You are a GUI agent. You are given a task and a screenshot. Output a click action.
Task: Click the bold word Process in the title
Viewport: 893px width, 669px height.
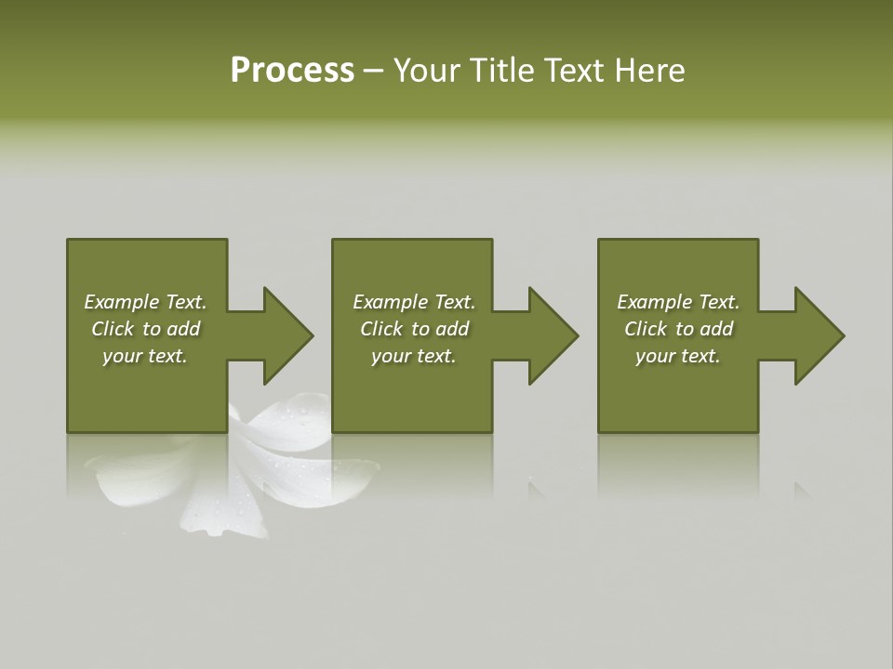tap(292, 71)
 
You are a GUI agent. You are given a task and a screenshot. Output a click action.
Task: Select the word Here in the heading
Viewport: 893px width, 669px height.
tap(650, 71)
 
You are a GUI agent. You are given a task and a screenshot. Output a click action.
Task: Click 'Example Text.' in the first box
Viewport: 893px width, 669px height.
tap(145, 302)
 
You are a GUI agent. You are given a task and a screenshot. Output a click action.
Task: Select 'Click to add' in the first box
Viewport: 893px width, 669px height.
tap(145, 329)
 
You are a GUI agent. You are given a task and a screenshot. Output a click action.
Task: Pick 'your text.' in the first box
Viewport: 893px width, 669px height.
tap(145, 356)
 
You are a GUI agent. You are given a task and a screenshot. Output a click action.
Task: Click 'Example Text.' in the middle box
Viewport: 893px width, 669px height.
tap(413, 302)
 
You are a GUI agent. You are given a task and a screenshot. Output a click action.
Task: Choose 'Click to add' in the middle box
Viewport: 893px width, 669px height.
tap(413, 329)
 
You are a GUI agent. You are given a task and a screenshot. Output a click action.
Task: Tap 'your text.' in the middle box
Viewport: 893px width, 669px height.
tap(413, 356)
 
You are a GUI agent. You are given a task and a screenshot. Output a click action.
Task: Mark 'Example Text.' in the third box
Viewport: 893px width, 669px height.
tap(678, 302)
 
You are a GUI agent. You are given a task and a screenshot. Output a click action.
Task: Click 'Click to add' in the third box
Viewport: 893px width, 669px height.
tap(678, 329)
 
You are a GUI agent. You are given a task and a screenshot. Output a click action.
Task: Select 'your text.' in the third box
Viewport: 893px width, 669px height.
tap(678, 356)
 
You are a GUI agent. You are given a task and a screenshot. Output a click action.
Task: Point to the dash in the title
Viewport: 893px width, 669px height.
tap(373, 72)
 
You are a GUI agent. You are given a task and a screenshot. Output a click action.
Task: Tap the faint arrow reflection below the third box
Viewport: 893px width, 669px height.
tap(801, 489)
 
